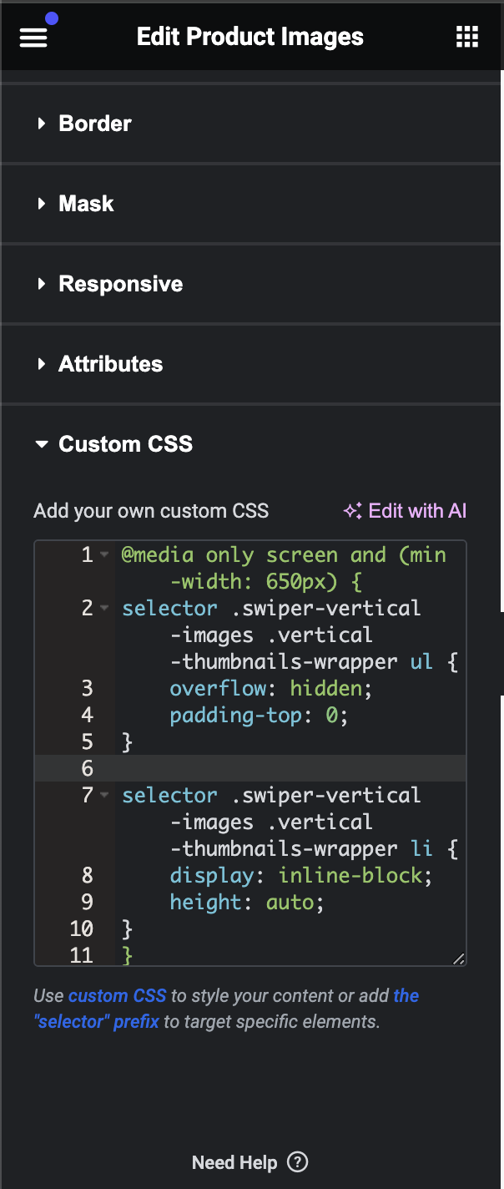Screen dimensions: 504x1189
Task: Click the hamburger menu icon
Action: pyautogui.click(x=33, y=38)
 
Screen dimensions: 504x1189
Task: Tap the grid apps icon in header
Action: pyautogui.click(x=466, y=37)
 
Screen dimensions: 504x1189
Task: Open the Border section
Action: pyautogui.click(x=95, y=124)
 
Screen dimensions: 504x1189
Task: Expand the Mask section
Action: pyautogui.click(x=86, y=204)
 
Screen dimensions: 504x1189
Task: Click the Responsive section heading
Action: pyautogui.click(x=120, y=284)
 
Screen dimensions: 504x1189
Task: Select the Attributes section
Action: pyautogui.click(x=110, y=364)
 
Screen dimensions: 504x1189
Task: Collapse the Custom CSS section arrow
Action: pyautogui.click(x=42, y=443)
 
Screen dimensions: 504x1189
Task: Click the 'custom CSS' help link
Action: pyautogui.click(x=118, y=995)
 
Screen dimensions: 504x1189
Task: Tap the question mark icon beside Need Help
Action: pyautogui.click(x=298, y=1161)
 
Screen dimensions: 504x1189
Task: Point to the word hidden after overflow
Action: pyautogui.click(x=326, y=689)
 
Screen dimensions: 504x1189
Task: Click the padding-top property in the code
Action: pyautogui.click(x=235, y=716)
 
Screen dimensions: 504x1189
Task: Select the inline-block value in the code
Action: pyautogui.click(x=350, y=875)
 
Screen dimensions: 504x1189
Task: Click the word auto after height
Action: pyautogui.click(x=290, y=903)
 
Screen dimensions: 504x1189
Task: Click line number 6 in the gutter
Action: pyautogui.click(x=87, y=768)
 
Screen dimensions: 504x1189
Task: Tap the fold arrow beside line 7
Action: pyautogui.click(x=104, y=795)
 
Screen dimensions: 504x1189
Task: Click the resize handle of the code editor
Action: pyautogui.click(x=459, y=958)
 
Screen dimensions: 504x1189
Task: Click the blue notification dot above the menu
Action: pyautogui.click(x=52, y=18)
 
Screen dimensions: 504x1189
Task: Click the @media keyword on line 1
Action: pyautogui.click(x=158, y=555)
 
